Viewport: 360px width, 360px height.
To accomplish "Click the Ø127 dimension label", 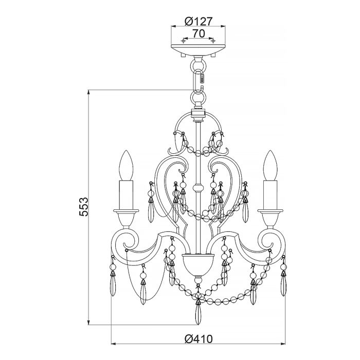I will tap(198, 22).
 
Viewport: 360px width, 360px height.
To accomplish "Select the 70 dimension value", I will tap(198, 33).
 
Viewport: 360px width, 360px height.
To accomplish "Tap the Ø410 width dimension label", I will tap(198, 340).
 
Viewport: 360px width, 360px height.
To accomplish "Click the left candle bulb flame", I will tap(127, 165).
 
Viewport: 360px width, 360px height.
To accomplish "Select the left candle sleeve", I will tap(127, 195).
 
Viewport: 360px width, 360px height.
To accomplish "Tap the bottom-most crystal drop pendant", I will tap(198, 314).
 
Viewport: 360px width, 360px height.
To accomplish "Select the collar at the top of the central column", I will tap(198, 114).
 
